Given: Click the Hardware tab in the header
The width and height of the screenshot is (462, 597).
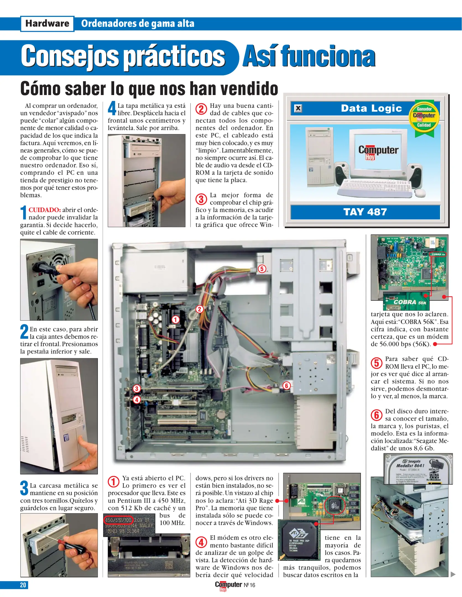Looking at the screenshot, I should coord(47,24).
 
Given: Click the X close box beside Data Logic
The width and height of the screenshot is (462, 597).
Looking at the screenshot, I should coord(298,108).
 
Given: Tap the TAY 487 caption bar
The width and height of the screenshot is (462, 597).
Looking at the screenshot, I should coord(365,212).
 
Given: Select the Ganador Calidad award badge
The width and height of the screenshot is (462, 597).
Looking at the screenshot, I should coord(424,117).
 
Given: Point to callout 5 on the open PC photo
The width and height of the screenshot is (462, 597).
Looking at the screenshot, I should coord(262,269).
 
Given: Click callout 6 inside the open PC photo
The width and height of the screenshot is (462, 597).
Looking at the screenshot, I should coord(286,386).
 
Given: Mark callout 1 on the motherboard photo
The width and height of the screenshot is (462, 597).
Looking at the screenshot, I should coord(176,320).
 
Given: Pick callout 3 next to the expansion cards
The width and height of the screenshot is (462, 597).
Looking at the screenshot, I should coord(137,389).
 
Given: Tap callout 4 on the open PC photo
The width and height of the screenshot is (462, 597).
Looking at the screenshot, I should coord(137,400).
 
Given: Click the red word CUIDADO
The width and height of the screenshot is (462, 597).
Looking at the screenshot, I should coord(45,210).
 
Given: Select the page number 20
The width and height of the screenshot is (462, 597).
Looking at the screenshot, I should coord(23,585).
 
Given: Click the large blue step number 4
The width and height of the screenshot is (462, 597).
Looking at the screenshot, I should coord(112,108).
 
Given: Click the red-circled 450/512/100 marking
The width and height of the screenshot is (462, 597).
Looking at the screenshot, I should coord(119,520).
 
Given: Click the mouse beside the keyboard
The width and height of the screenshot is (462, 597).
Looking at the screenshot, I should coord(420,193).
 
